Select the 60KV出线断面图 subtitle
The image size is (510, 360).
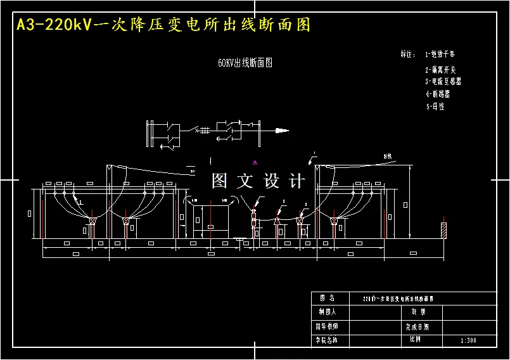click(245, 63)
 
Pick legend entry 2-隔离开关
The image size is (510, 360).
click(440, 70)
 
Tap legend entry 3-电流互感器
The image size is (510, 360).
click(443, 82)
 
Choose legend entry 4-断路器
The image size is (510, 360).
click(438, 94)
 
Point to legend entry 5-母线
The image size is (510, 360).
click(435, 107)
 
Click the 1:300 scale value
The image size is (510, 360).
click(469, 340)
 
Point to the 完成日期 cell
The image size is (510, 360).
click(418, 327)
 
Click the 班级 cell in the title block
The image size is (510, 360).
click(418, 312)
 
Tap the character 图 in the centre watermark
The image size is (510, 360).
click(219, 181)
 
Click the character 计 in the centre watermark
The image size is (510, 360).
click(296, 181)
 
